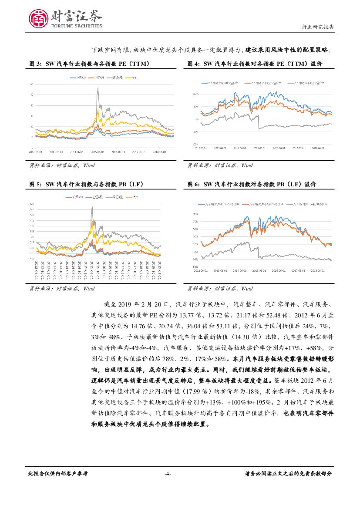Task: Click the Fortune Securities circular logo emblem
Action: pyautogui.click(x=38, y=18)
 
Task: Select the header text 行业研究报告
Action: pyautogui.click(x=318, y=27)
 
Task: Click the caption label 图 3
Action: pyautogui.click(x=34, y=64)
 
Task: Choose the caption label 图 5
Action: pyautogui.click(x=34, y=185)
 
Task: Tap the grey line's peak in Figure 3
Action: pyautogui.click(x=98, y=88)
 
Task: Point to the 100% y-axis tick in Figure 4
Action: pyautogui.click(x=195, y=94)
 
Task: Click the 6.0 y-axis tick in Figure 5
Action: pyautogui.click(x=32, y=204)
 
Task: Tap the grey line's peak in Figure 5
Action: pyautogui.click(x=92, y=207)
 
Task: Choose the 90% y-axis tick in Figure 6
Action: pyautogui.click(x=195, y=214)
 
